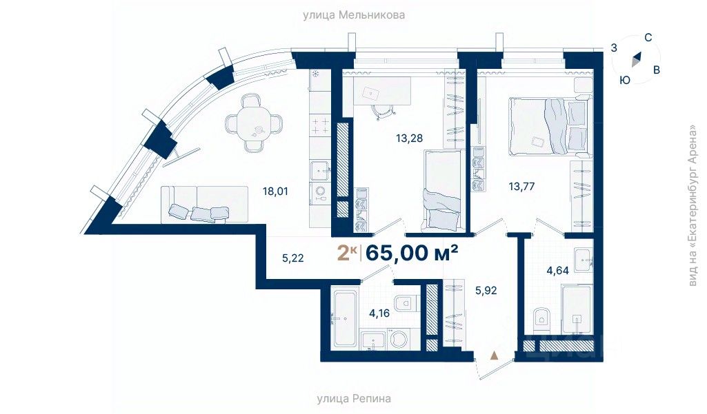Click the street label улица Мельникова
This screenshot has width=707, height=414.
(x=353, y=15)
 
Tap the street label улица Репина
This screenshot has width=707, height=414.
(x=353, y=398)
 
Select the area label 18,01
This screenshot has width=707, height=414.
(x=275, y=192)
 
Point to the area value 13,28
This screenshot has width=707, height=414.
(x=410, y=138)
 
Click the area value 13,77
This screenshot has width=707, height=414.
(x=521, y=185)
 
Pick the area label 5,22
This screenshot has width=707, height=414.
(x=292, y=258)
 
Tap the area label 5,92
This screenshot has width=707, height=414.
(x=486, y=291)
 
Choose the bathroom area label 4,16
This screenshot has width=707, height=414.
(x=379, y=313)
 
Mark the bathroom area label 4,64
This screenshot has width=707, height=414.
(x=558, y=271)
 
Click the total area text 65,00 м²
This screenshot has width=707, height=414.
(x=412, y=253)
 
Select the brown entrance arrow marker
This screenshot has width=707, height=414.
(x=495, y=355)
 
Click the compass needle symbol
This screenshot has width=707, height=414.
(x=636, y=59)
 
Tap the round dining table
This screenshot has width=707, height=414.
(x=255, y=123)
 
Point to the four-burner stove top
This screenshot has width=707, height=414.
(x=321, y=125)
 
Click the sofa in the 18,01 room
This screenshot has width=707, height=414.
(x=204, y=205)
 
